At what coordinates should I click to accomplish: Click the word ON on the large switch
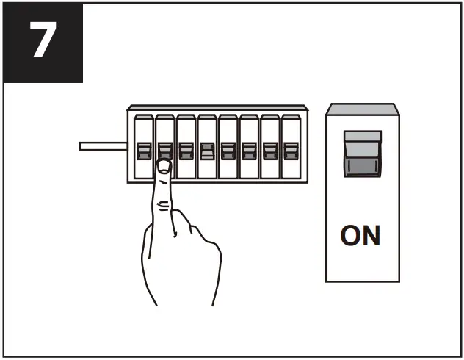pos(360,235)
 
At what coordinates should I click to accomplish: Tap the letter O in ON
pos(349,235)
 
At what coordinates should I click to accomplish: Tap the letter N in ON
pos(371,235)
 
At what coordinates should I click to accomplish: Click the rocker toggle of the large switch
pos(362,154)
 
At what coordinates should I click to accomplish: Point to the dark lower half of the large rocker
pos(362,165)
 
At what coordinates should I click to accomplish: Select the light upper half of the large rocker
pos(362,140)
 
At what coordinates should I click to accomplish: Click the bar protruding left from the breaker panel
pos(103,146)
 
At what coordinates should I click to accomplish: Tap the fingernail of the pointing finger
pos(164,166)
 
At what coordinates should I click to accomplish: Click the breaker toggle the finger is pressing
pos(164,151)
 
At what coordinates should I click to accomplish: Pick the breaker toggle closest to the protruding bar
pos(143,151)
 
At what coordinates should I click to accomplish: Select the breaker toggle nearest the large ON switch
pos(291,151)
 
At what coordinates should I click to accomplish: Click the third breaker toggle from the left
pos(186,151)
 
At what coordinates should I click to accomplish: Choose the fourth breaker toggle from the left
pos(207,151)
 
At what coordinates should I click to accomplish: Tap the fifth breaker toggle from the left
pos(228,151)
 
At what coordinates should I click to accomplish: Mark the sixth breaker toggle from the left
pos(249,151)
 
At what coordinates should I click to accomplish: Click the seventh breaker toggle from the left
pos(270,151)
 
